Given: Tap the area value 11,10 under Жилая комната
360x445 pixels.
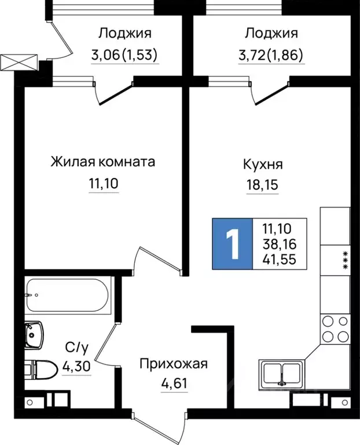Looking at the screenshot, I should (x=104, y=184).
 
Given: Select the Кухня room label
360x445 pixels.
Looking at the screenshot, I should (x=263, y=165).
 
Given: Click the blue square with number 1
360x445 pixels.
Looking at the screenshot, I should (x=233, y=244).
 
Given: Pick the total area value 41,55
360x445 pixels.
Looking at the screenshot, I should (x=278, y=259).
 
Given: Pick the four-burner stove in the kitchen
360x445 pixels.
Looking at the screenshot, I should (x=335, y=329).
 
